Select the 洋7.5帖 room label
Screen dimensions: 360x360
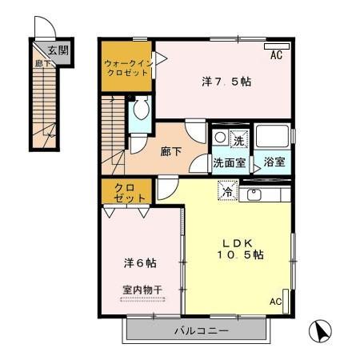[219, 81]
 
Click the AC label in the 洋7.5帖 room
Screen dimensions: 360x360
[276, 56]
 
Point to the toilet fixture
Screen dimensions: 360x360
[140, 111]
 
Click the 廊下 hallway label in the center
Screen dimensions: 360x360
[170, 149]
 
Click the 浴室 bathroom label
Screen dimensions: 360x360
[275, 162]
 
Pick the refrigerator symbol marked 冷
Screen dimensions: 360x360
[228, 192]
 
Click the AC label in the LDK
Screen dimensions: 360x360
[275, 302]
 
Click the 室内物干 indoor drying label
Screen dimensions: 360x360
[141, 290]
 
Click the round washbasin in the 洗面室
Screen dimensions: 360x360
[220, 138]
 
